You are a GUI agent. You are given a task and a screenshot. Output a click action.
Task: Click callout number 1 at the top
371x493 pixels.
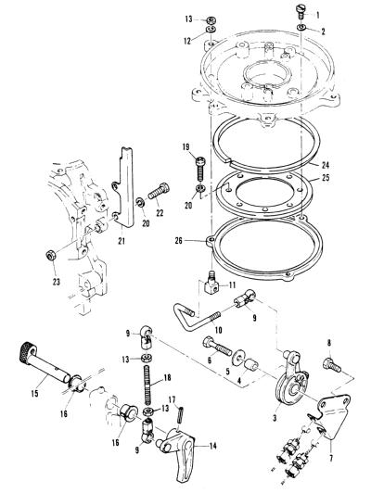(x=317, y=15)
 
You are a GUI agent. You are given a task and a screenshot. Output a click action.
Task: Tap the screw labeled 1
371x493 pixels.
(x=300, y=12)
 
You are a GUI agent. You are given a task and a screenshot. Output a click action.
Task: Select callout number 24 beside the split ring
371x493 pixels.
(x=326, y=165)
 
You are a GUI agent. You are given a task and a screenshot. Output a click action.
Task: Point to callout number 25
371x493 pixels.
(x=326, y=178)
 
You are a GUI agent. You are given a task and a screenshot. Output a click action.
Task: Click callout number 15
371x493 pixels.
(x=34, y=393)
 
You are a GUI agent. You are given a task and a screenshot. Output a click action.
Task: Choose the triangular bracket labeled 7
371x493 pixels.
(x=331, y=414)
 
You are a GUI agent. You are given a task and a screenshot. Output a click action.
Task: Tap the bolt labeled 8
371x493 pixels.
(x=332, y=366)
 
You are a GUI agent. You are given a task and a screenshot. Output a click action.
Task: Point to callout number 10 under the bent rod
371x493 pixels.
(x=218, y=330)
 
